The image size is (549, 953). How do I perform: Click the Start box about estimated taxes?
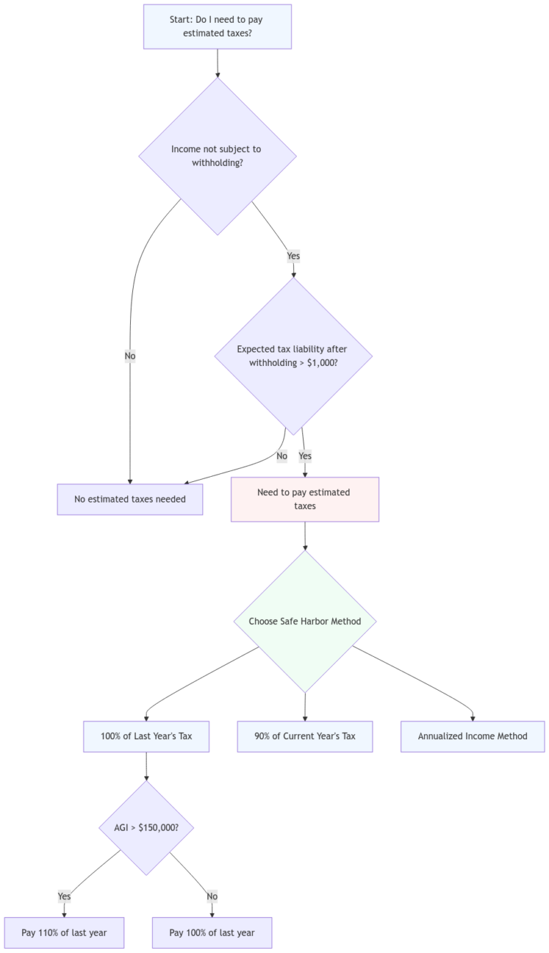click(x=217, y=26)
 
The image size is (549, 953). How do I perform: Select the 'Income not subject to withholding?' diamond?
click(x=217, y=156)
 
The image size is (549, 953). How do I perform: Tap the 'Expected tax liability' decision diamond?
click(x=293, y=356)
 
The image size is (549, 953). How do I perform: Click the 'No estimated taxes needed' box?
click(x=130, y=499)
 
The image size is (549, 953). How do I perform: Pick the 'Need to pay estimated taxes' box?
click(x=305, y=499)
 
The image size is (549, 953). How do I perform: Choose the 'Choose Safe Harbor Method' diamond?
click(x=305, y=621)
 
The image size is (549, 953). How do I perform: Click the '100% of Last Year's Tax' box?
click(x=146, y=736)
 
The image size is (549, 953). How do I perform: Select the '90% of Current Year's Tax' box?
click(x=305, y=736)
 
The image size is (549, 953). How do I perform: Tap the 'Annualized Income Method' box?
click(x=473, y=736)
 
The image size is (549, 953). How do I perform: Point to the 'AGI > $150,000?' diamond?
click(x=147, y=827)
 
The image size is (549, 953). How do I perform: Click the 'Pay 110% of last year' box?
click(x=64, y=932)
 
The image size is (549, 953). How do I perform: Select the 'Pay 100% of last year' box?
click(x=212, y=932)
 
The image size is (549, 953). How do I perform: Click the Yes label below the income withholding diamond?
click(x=293, y=255)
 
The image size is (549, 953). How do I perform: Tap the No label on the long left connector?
click(x=130, y=355)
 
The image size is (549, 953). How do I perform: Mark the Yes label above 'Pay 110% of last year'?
click(x=64, y=896)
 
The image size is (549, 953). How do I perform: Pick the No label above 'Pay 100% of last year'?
click(x=212, y=896)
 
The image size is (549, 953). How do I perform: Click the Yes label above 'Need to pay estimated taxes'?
click(x=305, y=455)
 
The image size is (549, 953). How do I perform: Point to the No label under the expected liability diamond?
click(x=282, y=455)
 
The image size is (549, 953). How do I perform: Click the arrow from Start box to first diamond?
click(x=217, y=63)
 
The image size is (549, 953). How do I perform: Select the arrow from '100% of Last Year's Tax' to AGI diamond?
click(x=147, y=766)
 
